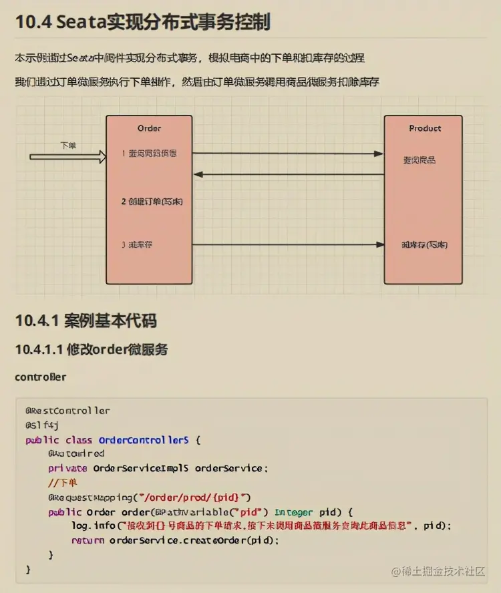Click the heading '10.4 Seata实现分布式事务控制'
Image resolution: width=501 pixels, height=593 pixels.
click(x=142, y=22)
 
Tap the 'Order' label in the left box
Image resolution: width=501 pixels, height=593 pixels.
click(x=149, y=128)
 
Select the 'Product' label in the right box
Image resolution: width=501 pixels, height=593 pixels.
click(x=425, y=128)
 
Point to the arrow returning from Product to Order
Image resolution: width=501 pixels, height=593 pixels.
click(x=288, y=175)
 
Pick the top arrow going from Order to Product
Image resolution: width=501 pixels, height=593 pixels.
click(x=288, y=154)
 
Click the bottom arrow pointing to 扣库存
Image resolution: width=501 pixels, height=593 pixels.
click(x=288, y=244)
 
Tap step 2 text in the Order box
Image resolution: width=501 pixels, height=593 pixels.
click(x=152, y=201)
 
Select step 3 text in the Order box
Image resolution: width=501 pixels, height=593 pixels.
click(x=137, y=244)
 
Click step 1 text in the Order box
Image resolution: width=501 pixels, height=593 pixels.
click(x=149, y=154)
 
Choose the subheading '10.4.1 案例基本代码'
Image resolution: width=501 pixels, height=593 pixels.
click(x=86, y=321)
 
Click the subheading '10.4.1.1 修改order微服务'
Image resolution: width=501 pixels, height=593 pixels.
click(x=91, y=349)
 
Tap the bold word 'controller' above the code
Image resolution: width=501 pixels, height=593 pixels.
click(x=40, y=377)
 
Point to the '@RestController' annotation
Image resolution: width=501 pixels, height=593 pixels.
click(x=67, y=411)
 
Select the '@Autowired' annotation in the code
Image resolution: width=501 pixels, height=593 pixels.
click(x=76, y=453)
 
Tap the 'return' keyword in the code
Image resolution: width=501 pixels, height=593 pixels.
click(x=87, y=540)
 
